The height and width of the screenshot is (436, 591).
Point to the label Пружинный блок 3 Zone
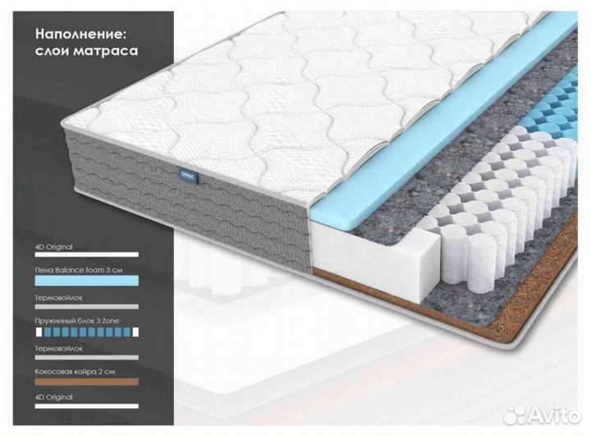81,322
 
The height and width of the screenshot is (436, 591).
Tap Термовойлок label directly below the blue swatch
60,296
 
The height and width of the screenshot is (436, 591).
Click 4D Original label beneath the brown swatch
56,397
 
